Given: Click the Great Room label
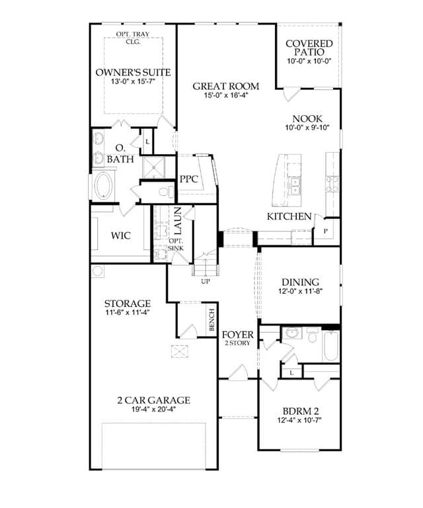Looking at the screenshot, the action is coord(226,86).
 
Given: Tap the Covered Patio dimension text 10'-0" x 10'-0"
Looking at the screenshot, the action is coord(309,61).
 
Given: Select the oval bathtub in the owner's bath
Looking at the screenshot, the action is coord(103,186).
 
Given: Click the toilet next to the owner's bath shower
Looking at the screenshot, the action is coord(166,192).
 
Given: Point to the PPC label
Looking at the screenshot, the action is coord(188,179).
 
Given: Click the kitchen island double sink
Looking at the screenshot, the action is coord(295,187).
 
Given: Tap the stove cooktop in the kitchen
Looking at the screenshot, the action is coord(332,184).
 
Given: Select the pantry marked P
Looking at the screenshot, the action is coord(326,231).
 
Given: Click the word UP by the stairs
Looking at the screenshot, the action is coord(206,281).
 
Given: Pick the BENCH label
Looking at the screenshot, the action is coord(211,319).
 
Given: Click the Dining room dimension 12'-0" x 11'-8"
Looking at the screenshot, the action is coord(300,291).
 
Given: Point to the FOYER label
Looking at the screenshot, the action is coord(237,335).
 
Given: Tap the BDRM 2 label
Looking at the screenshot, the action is coord(301,411).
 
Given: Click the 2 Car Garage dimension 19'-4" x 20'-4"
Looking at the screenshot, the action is coord(153,409).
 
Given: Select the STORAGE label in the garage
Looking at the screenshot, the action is coord(127,304).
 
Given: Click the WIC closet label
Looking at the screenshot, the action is coord(121,235).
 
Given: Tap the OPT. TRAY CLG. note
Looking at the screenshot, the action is coord(133,38).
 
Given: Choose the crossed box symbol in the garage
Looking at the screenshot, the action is coord(179,351).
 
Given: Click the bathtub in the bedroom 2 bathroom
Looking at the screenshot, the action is coord(330,346).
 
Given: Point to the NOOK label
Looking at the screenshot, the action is coord(307,119).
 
